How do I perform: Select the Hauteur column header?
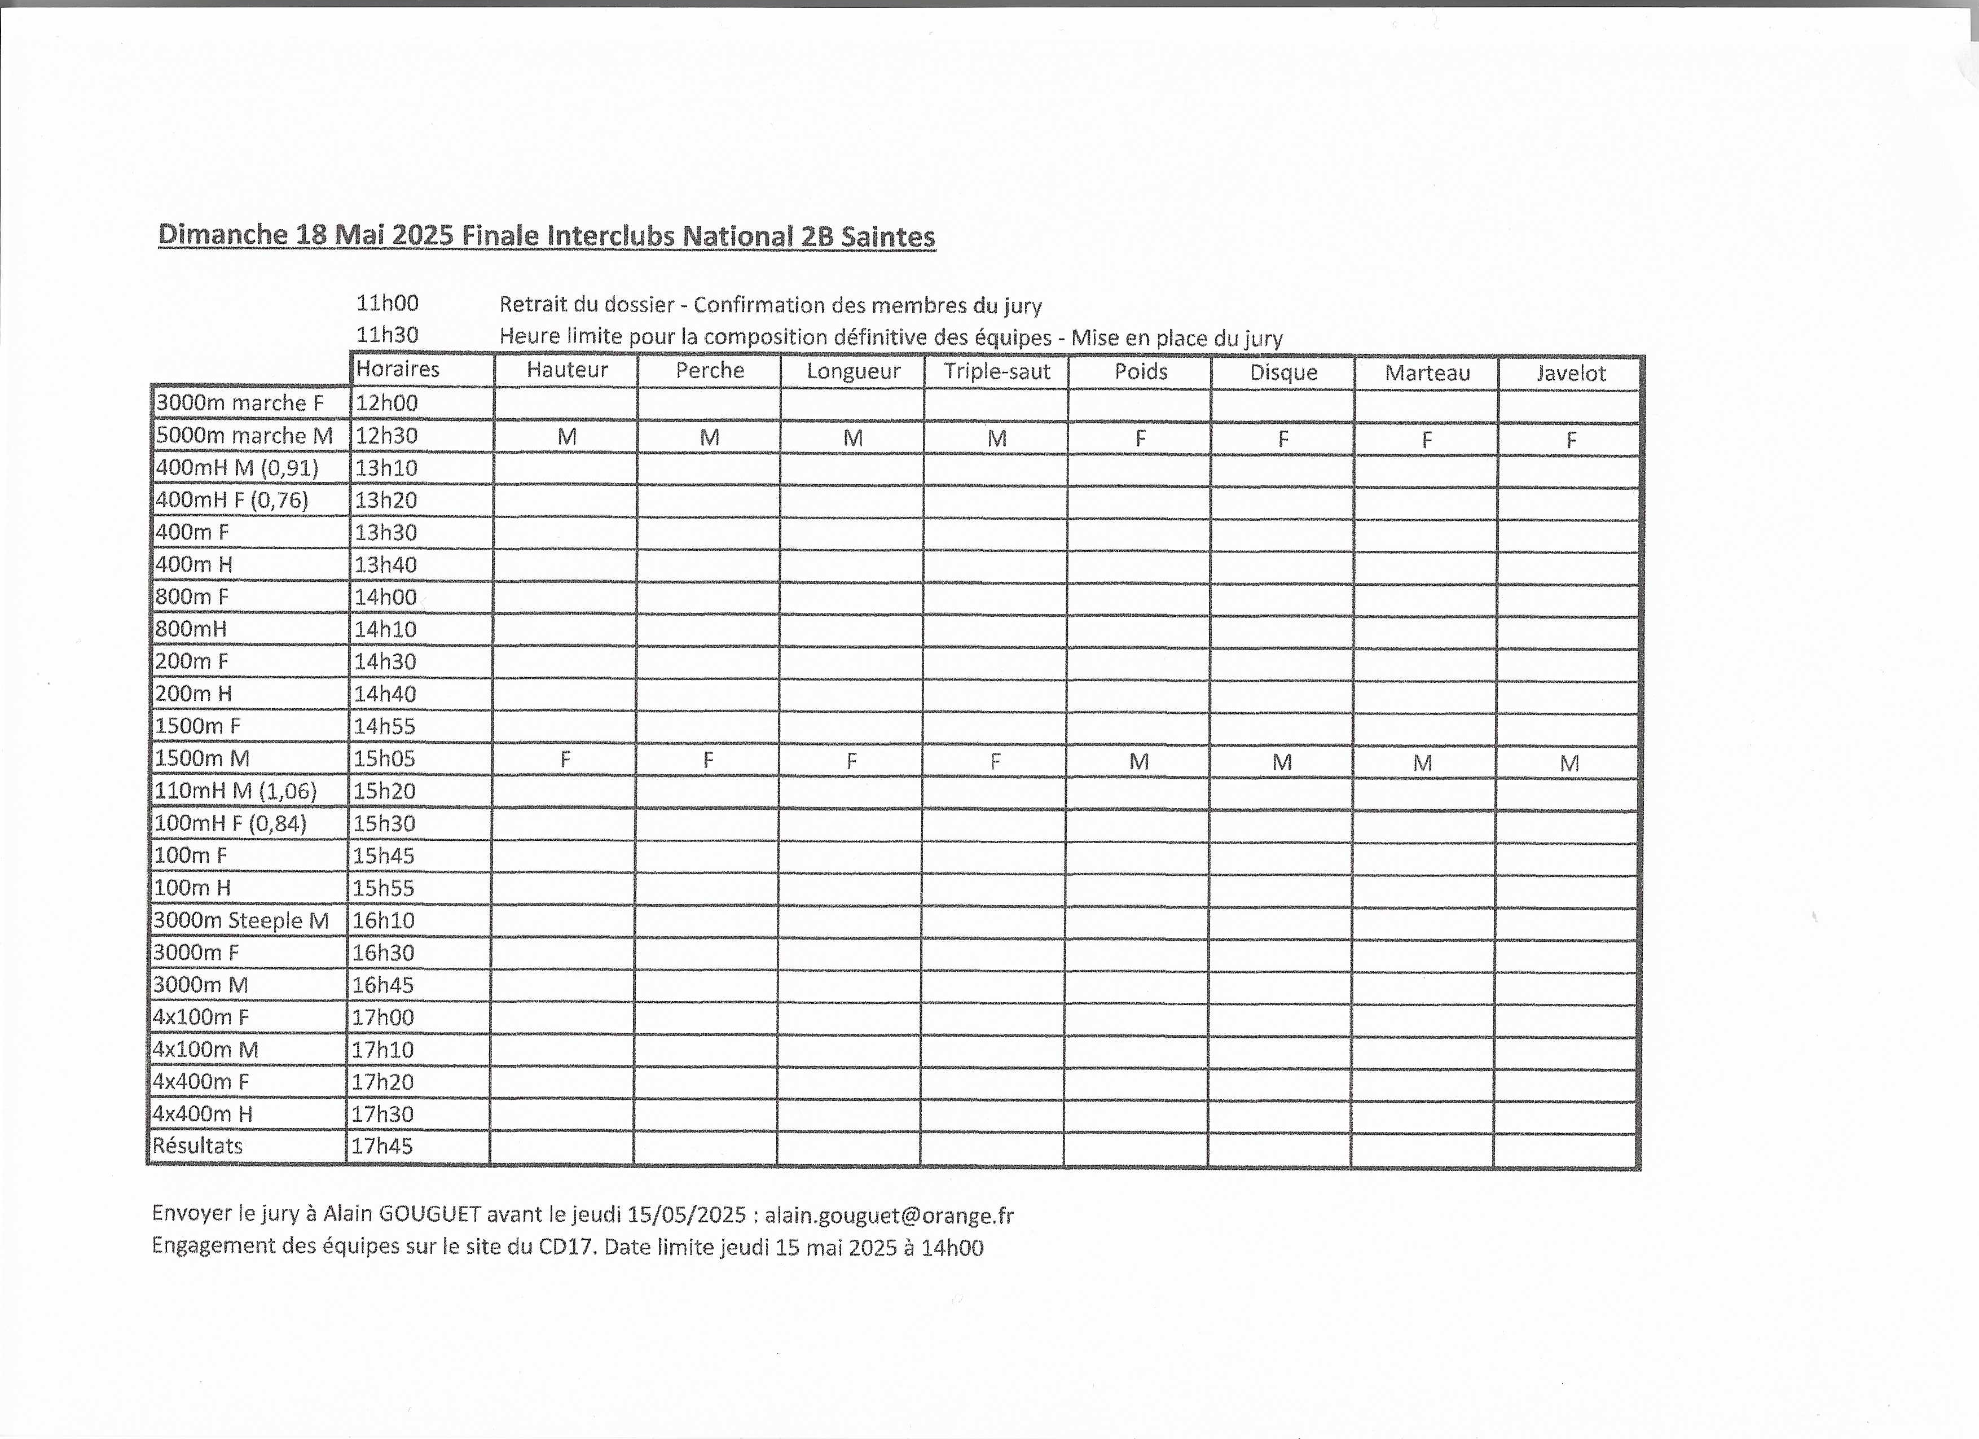567,370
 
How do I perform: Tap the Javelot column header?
1571,374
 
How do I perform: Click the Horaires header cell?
398,369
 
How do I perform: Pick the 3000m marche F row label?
239,402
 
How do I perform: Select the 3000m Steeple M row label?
241,920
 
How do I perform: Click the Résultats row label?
197,1146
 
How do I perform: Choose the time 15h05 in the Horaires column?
384,758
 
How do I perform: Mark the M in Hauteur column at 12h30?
567,436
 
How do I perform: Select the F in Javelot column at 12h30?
1571,440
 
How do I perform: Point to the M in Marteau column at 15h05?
1423,764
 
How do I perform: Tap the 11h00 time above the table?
388,304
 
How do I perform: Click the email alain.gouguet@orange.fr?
889,1216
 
